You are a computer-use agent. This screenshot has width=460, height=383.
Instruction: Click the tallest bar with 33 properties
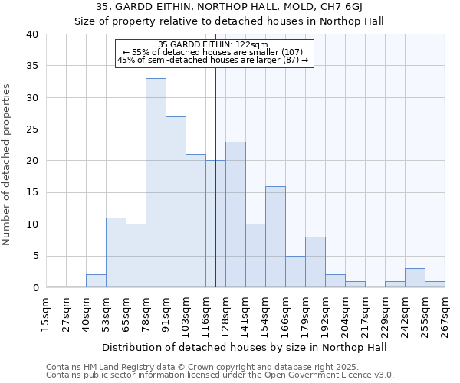click(156, 183)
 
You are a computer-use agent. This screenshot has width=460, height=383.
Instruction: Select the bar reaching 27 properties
click(176, 202)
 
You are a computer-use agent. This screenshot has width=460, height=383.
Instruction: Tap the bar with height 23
click(235, 214)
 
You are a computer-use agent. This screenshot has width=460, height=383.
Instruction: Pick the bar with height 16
click(275, 237)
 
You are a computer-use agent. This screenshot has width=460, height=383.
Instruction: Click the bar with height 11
click(116, 253)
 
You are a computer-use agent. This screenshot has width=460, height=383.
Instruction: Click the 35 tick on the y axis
click(31, 66)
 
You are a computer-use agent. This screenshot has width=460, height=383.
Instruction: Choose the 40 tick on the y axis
click(31, 34)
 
